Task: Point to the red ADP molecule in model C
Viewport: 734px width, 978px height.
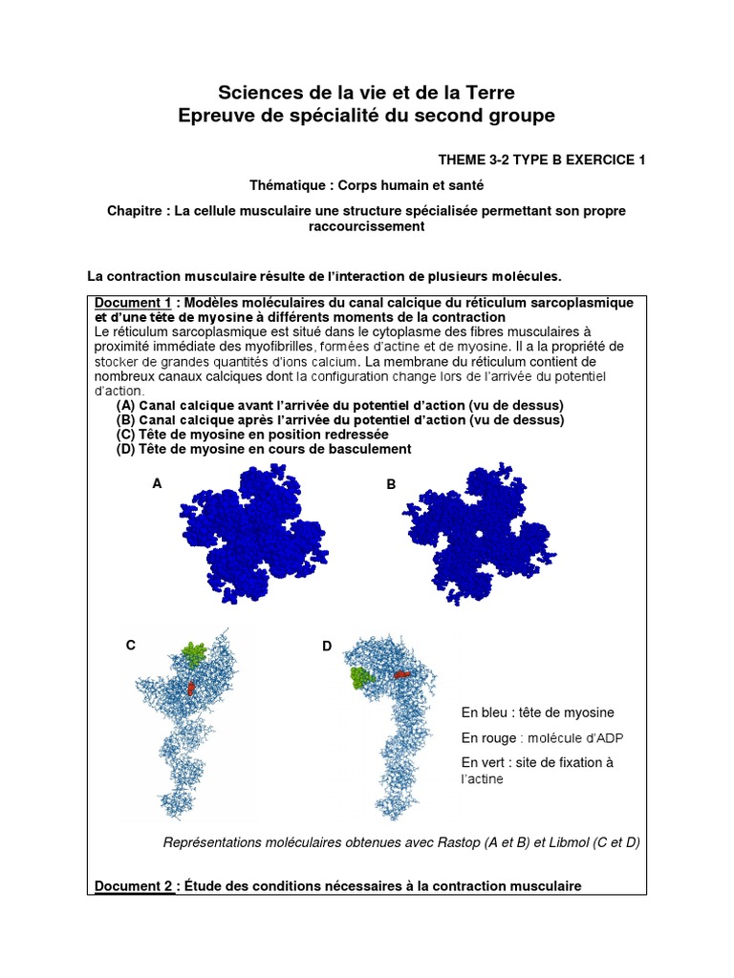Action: pyautogui.click(x=191, y=687)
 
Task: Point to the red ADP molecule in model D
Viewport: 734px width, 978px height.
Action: pyautogui.click(x=403, y=673)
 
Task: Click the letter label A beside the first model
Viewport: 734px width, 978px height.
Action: pyautogui.click(x=157, y=484)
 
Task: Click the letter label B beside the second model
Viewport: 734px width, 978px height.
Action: pyautogui.click(x=391, y=485)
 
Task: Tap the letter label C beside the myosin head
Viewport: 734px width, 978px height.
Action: pyautogui.click(x=131, y=646)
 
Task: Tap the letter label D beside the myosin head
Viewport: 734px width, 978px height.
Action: pyautogui.click(x=327, y=647)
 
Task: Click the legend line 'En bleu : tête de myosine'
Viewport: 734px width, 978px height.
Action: pyautogui.click(x=537, y=712)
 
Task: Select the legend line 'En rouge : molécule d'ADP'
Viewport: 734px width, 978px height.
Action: pyautogui.click(x=543, y=737)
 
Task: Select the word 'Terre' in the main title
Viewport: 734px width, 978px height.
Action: pyautogui.click(x=488, y=93)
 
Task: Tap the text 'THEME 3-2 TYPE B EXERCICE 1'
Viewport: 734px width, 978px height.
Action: pyautogui.click(x=542, y=159)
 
